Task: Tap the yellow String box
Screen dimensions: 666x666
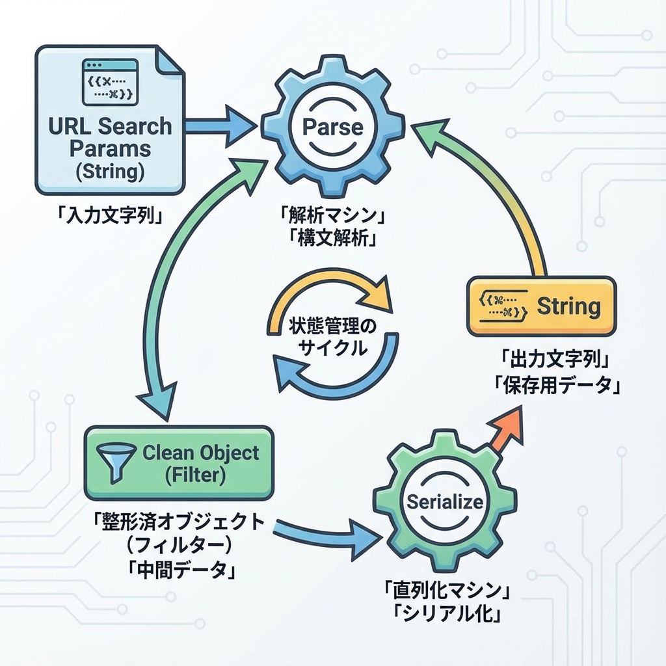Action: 540,306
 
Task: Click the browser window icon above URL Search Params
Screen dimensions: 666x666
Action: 109,82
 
